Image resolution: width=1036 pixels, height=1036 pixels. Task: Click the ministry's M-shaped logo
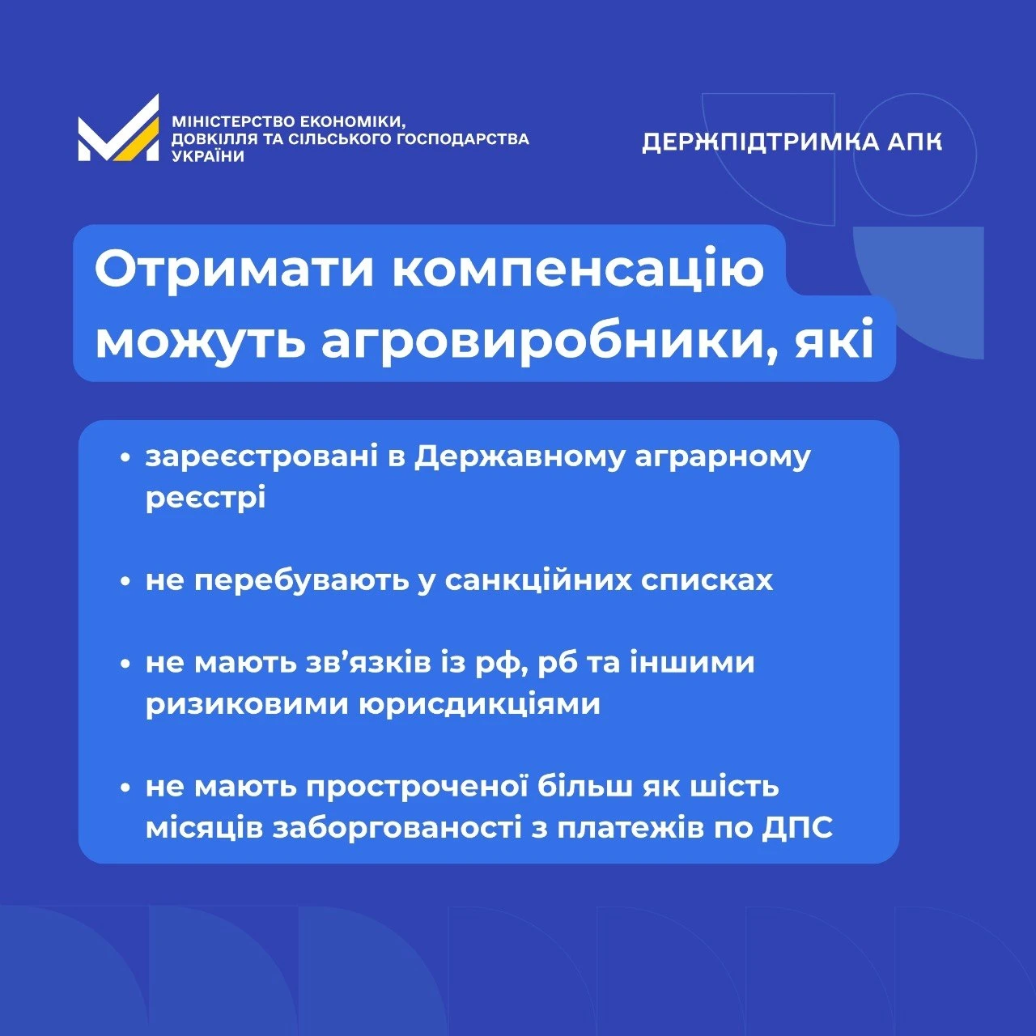point(118,128)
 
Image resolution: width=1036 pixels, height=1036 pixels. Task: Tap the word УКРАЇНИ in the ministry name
point(208,156)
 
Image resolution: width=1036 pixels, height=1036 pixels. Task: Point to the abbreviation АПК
point(915,142)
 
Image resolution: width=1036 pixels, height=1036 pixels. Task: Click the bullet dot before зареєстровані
point(125,457)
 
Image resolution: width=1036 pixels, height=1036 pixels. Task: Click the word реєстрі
point(206,498)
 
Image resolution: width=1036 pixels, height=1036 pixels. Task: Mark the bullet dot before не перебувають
point(125,581)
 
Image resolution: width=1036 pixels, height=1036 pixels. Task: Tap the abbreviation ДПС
point(798,828)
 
